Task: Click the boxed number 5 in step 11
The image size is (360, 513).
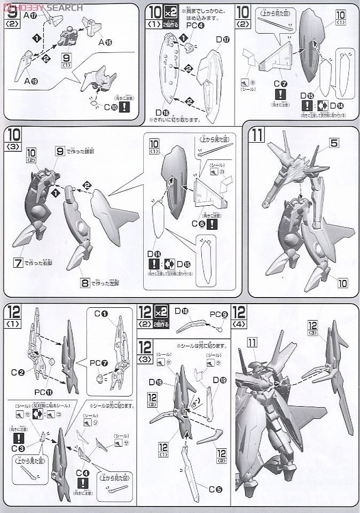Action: click(x=319, y=143)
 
